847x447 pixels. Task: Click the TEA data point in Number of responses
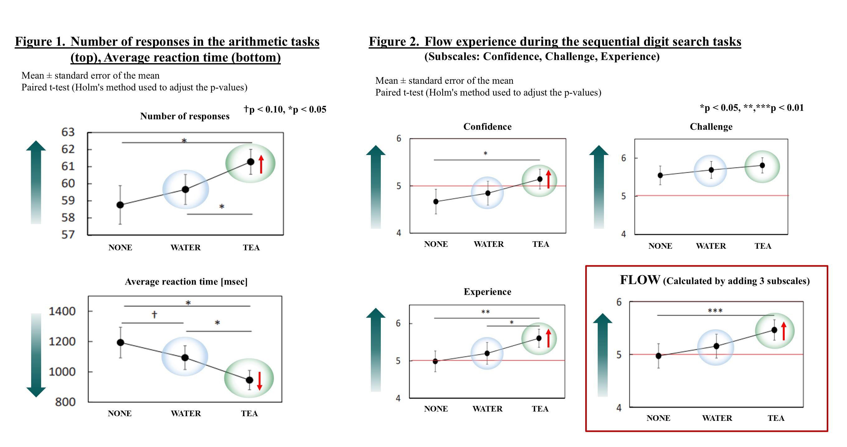[251, 162]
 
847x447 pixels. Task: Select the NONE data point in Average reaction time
[120, 342]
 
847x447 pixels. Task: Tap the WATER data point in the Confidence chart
[488, 193]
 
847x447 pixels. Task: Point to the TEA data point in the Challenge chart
[762, 165]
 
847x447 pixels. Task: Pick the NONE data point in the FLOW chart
[658, 356]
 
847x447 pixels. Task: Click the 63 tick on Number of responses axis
[68, 132]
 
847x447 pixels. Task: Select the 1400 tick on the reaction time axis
[62, 311]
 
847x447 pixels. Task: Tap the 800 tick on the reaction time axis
[65, 402]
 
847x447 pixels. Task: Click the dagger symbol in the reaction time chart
[154, 315]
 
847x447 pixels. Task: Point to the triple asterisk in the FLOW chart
[715, 310]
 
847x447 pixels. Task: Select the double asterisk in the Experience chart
[485, 312]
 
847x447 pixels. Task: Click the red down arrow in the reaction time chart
[259, 381]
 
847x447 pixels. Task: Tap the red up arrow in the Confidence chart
[548, 179]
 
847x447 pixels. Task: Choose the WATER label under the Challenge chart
[711, 246]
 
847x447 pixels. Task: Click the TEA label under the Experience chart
[540, 409]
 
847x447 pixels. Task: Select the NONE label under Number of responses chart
[120, 247]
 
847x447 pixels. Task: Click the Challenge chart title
[711, 126]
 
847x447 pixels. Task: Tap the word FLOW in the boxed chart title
[639, 280]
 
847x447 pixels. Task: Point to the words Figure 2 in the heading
[394, 42]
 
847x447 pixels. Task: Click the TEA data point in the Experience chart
[538, 338]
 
